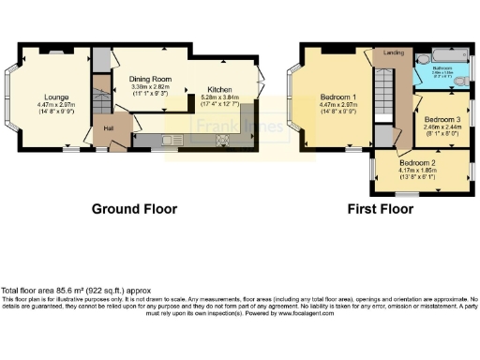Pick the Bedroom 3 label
coord(442,120)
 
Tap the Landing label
coord(394,53)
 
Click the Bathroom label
coord(443,68)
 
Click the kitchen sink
coord(170,140)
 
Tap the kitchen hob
coord(223,140)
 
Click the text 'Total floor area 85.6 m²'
coord(47,290)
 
